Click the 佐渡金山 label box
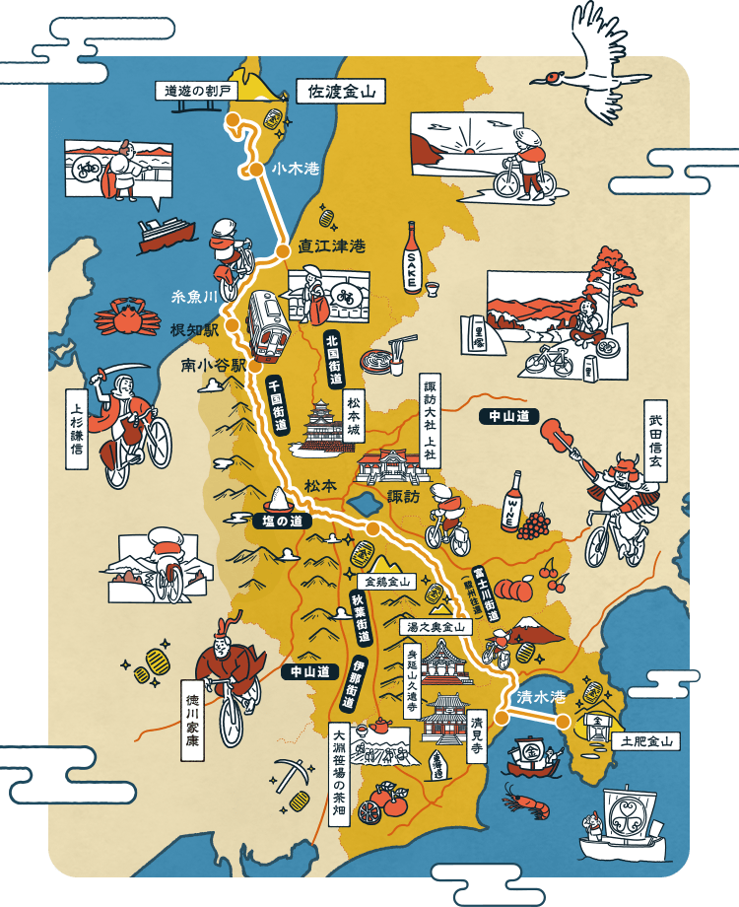339,93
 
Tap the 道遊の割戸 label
197,91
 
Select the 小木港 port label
297,169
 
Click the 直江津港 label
331,246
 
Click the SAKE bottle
412,258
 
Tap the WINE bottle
512,502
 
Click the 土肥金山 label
646,741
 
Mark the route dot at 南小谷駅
254,365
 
